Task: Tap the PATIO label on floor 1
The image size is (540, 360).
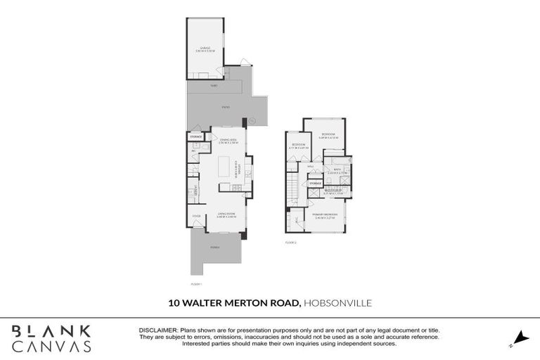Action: pyautogui.click(x=226, y=107)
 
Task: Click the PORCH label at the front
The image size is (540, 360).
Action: pyautogui.click(x=214, y=247)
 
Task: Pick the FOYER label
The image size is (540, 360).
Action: pyautogui.click(x=196, y=214)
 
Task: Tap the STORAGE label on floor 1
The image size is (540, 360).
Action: pyautogui.click(x=197, y=136)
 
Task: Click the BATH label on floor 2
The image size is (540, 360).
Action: pyautogui.click(x=337, y=169)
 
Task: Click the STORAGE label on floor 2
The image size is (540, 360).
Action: pyautogui.click(x=316, y=184)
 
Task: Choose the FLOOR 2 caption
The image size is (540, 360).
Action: pyautogui.click(x=291, y=243)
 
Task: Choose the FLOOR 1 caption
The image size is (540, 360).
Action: pyautogui.click(x=196, y=284)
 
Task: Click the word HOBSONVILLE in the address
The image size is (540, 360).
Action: pyautogui.click(x=338, y=303)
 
